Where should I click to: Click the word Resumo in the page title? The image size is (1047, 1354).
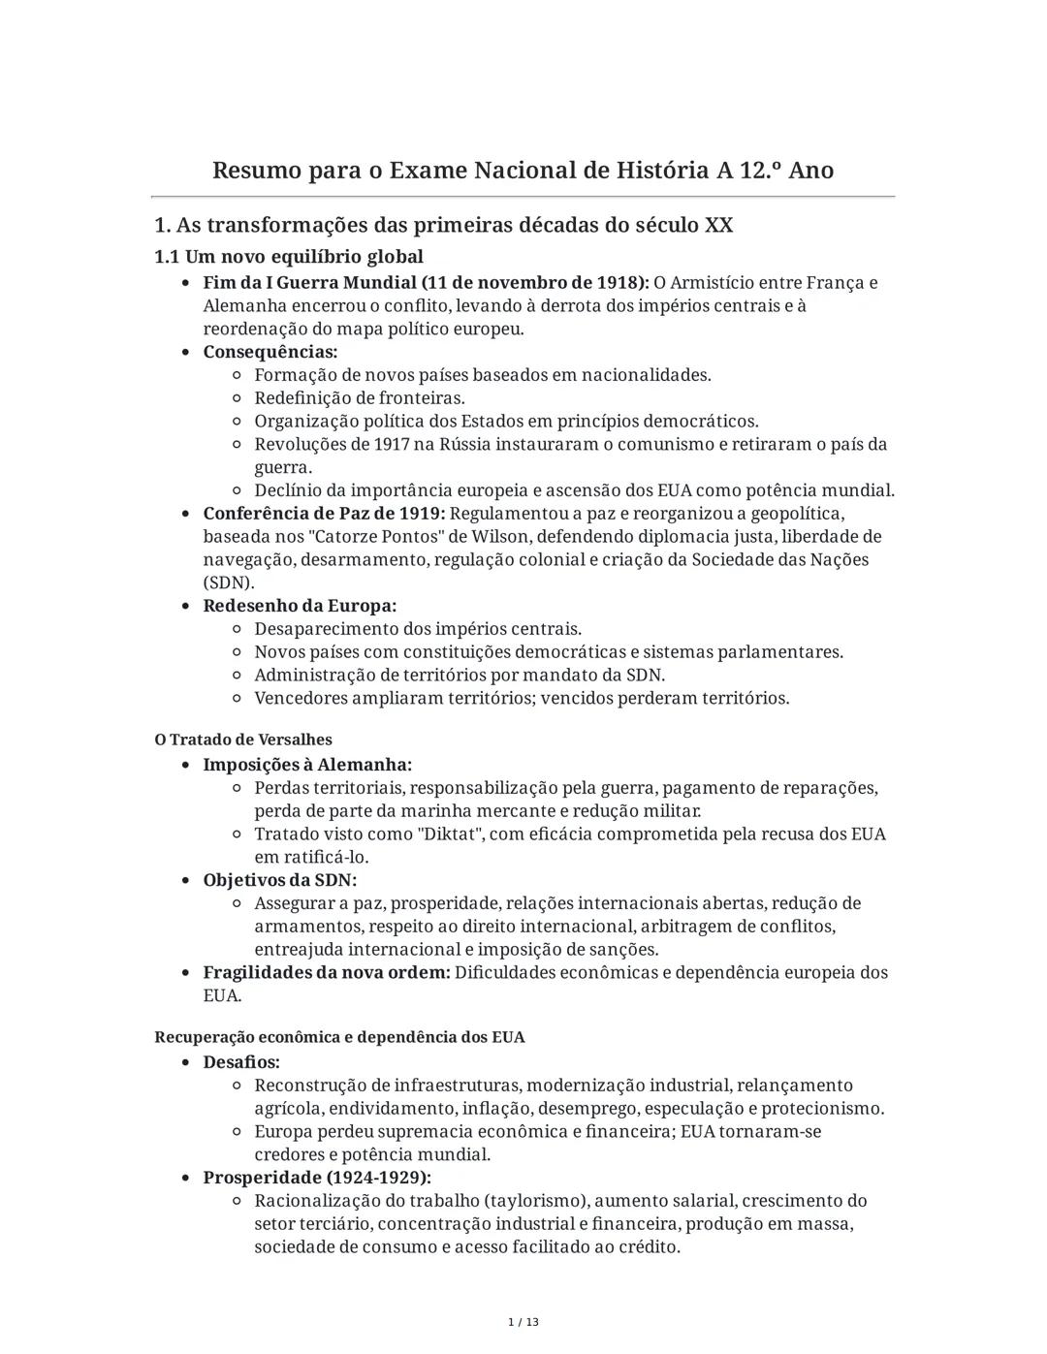pos(256,171)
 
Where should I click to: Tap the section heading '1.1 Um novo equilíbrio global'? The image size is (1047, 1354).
pos(289,257)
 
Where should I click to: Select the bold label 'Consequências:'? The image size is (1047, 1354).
pos(270,352)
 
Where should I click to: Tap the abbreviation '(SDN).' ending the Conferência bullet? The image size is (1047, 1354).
pos(229,583)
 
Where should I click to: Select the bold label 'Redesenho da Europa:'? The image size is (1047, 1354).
pos(300,606)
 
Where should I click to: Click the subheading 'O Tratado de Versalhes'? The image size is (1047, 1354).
pos(242,740)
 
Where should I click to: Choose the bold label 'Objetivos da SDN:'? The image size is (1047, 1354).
pos(279,880)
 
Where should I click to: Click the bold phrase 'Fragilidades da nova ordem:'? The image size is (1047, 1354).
pos(327,973)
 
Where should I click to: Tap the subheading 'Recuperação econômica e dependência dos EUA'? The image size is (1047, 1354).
pos(339,1037)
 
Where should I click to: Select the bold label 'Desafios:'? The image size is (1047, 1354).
pos(241,1062)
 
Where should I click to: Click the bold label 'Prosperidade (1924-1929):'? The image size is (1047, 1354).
pos(317,1178)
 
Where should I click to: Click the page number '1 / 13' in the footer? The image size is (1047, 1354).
pos(523,1322)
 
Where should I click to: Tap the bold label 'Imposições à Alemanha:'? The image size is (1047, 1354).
pos(307,765)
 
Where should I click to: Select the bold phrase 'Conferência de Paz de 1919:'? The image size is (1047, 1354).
pos(324,514)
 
